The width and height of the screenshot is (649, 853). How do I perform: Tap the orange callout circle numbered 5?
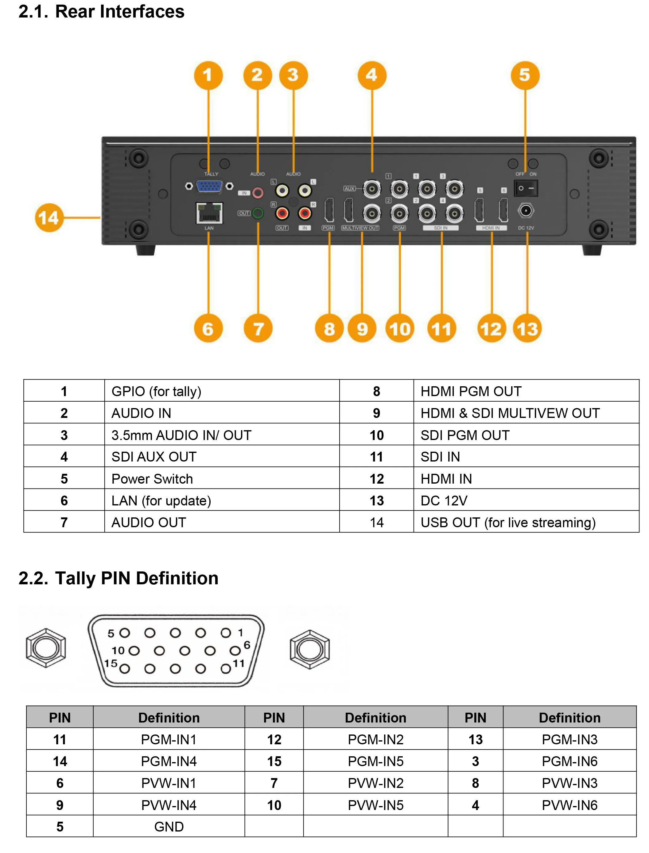coord(525,75)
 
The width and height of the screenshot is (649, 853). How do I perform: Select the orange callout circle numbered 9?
coord(362,329)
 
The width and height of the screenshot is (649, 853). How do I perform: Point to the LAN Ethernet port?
coord(209,213)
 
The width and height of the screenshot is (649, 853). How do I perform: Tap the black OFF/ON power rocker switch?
coord(525,189)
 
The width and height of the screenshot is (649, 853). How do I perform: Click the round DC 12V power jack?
coord(525,211)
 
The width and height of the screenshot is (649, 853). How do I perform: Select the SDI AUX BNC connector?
coord(372,189)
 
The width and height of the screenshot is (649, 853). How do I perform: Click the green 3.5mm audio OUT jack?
coord(258,213)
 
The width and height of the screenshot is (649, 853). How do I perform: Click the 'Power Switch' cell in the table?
coord(152,479)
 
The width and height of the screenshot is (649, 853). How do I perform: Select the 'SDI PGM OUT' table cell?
coord(465,435)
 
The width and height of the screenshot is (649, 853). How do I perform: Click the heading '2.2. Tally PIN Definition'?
coord(118,578)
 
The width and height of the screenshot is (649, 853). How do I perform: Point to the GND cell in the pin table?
coord(169,827)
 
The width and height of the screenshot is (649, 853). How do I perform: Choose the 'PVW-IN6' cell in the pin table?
coord(569,805)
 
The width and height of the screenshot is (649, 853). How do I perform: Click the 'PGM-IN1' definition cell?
coord(169,739)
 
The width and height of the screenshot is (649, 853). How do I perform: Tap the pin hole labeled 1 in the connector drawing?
coord(226,633)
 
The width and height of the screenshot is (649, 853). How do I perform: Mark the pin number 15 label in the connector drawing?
coord(111,663)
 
